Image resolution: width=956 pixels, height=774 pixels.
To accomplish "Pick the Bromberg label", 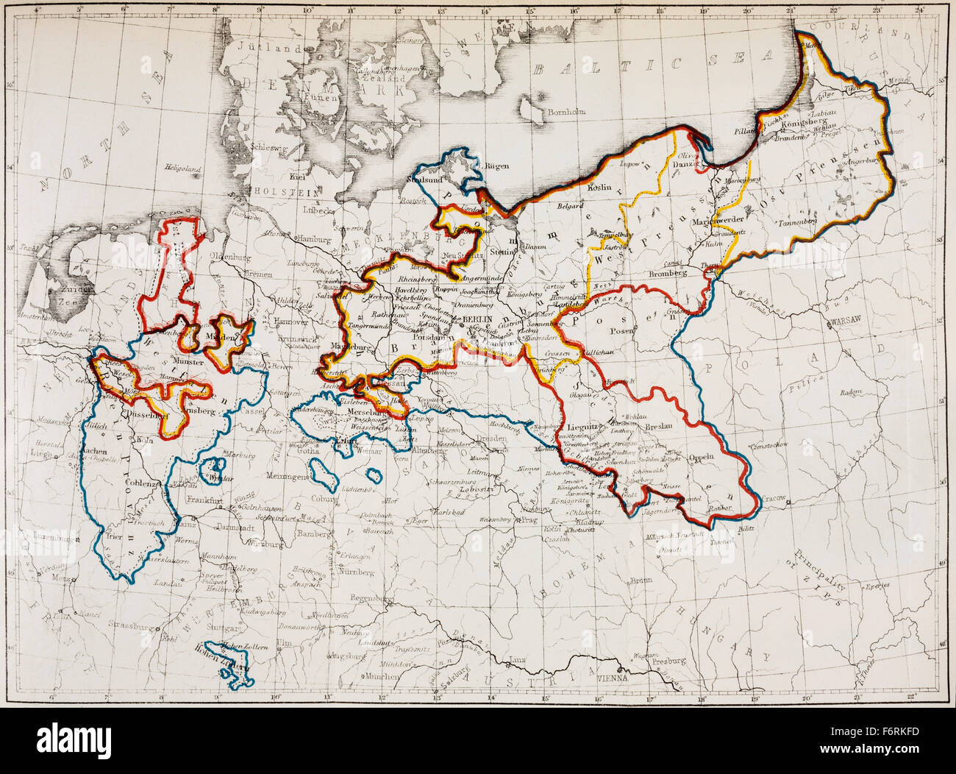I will (667, 273).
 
